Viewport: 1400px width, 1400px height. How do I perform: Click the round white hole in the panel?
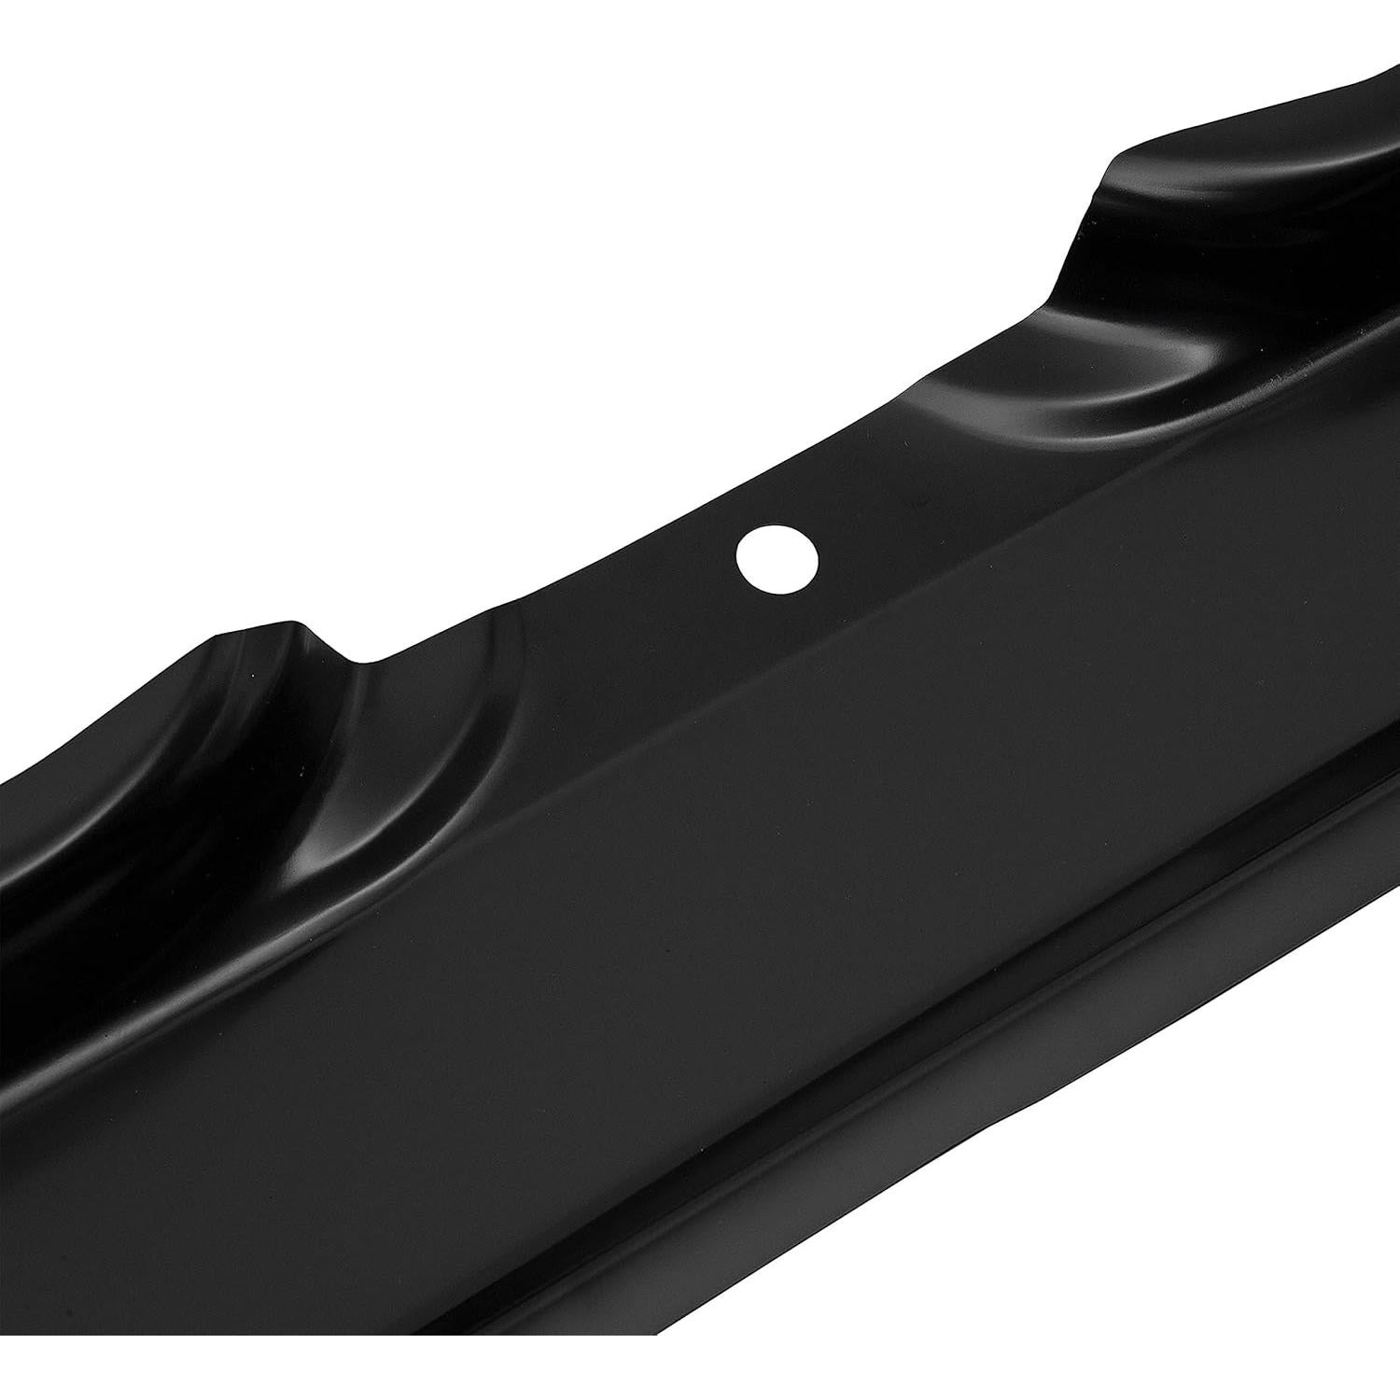click(777, 560)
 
